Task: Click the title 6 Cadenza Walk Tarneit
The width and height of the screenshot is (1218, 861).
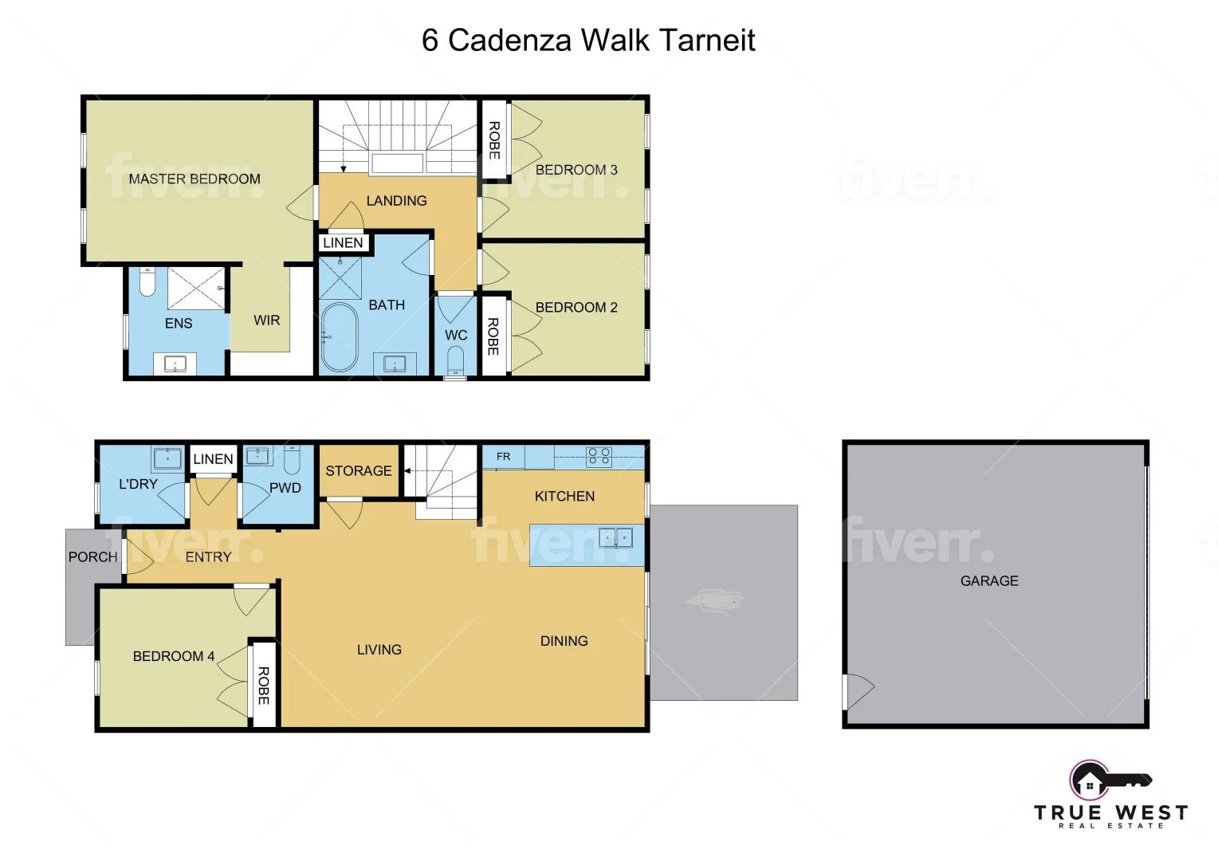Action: [x=588, y=40]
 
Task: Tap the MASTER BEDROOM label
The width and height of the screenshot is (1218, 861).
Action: [x=194, y=179]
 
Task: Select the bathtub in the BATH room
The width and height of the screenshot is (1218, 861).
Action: [x=340, y=336]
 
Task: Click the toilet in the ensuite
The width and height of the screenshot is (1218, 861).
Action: [x=147, y=281]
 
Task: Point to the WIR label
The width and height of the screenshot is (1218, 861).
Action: [x=266, y=320]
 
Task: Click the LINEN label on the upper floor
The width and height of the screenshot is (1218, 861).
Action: [x=343, y=242]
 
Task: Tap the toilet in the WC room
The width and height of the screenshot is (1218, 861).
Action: [x=455, y=360]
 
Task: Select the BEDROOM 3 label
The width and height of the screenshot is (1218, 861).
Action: [x=576, y=170]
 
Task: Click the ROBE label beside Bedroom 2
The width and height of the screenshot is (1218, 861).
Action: [x=493, y=336]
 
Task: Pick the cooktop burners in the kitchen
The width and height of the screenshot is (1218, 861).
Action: [x=599, y=456]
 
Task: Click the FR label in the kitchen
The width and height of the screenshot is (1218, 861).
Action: [x=503, y=457]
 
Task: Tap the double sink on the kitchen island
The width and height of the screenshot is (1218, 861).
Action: [x=615, y=538]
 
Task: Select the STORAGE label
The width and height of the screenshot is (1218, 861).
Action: [x=359, y=470]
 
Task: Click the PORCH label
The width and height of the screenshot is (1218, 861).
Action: [x=92, y=556]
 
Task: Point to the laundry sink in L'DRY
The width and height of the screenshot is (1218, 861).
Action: [x=167, y=458]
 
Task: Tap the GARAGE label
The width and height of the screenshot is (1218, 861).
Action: [x=989, y=580]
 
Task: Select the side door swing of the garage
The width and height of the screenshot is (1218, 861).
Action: [x=859, y=691]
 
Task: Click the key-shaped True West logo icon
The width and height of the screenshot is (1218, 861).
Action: [x=1109, y=780]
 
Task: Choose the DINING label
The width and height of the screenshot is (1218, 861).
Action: [x=564, y=640]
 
